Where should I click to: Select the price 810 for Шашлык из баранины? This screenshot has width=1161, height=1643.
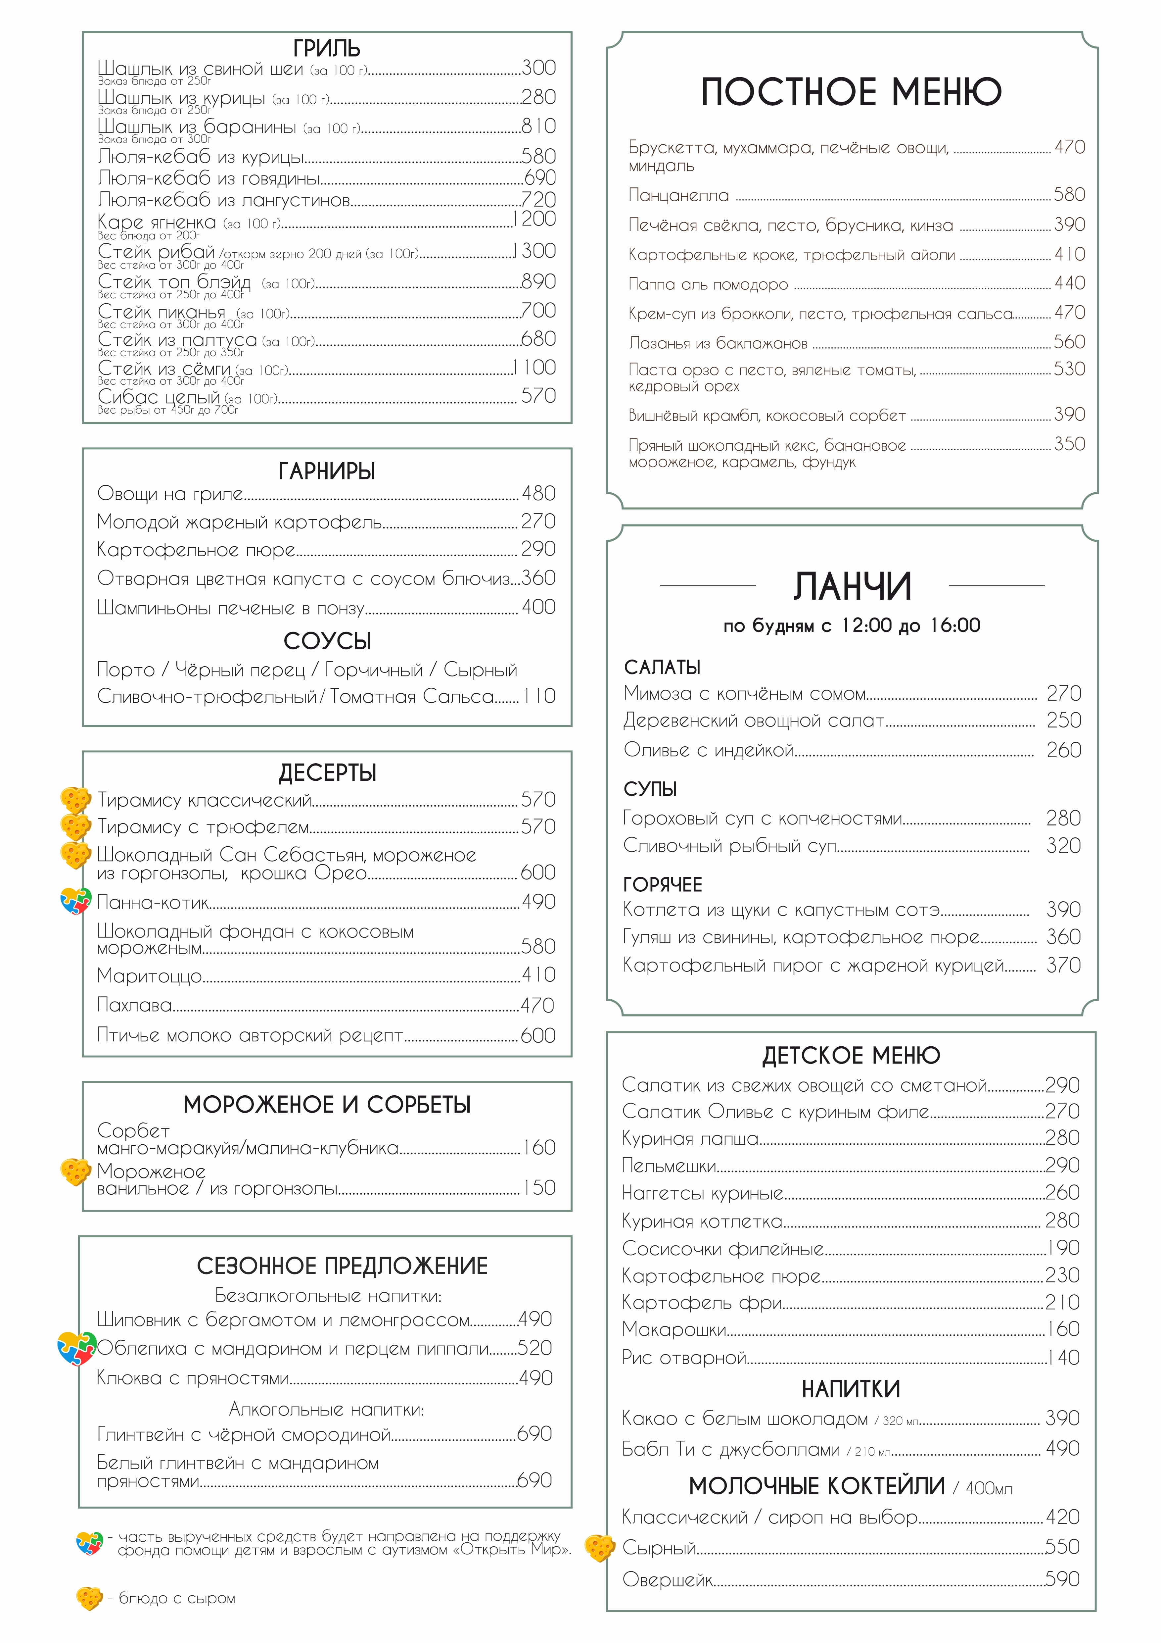(x=539, y=126)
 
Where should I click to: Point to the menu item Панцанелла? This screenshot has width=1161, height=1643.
(x=678, y=195)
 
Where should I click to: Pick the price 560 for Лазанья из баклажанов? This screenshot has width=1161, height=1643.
(x=1069, y=342)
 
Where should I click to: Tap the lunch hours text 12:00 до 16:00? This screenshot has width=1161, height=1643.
(x=910, y=625)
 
